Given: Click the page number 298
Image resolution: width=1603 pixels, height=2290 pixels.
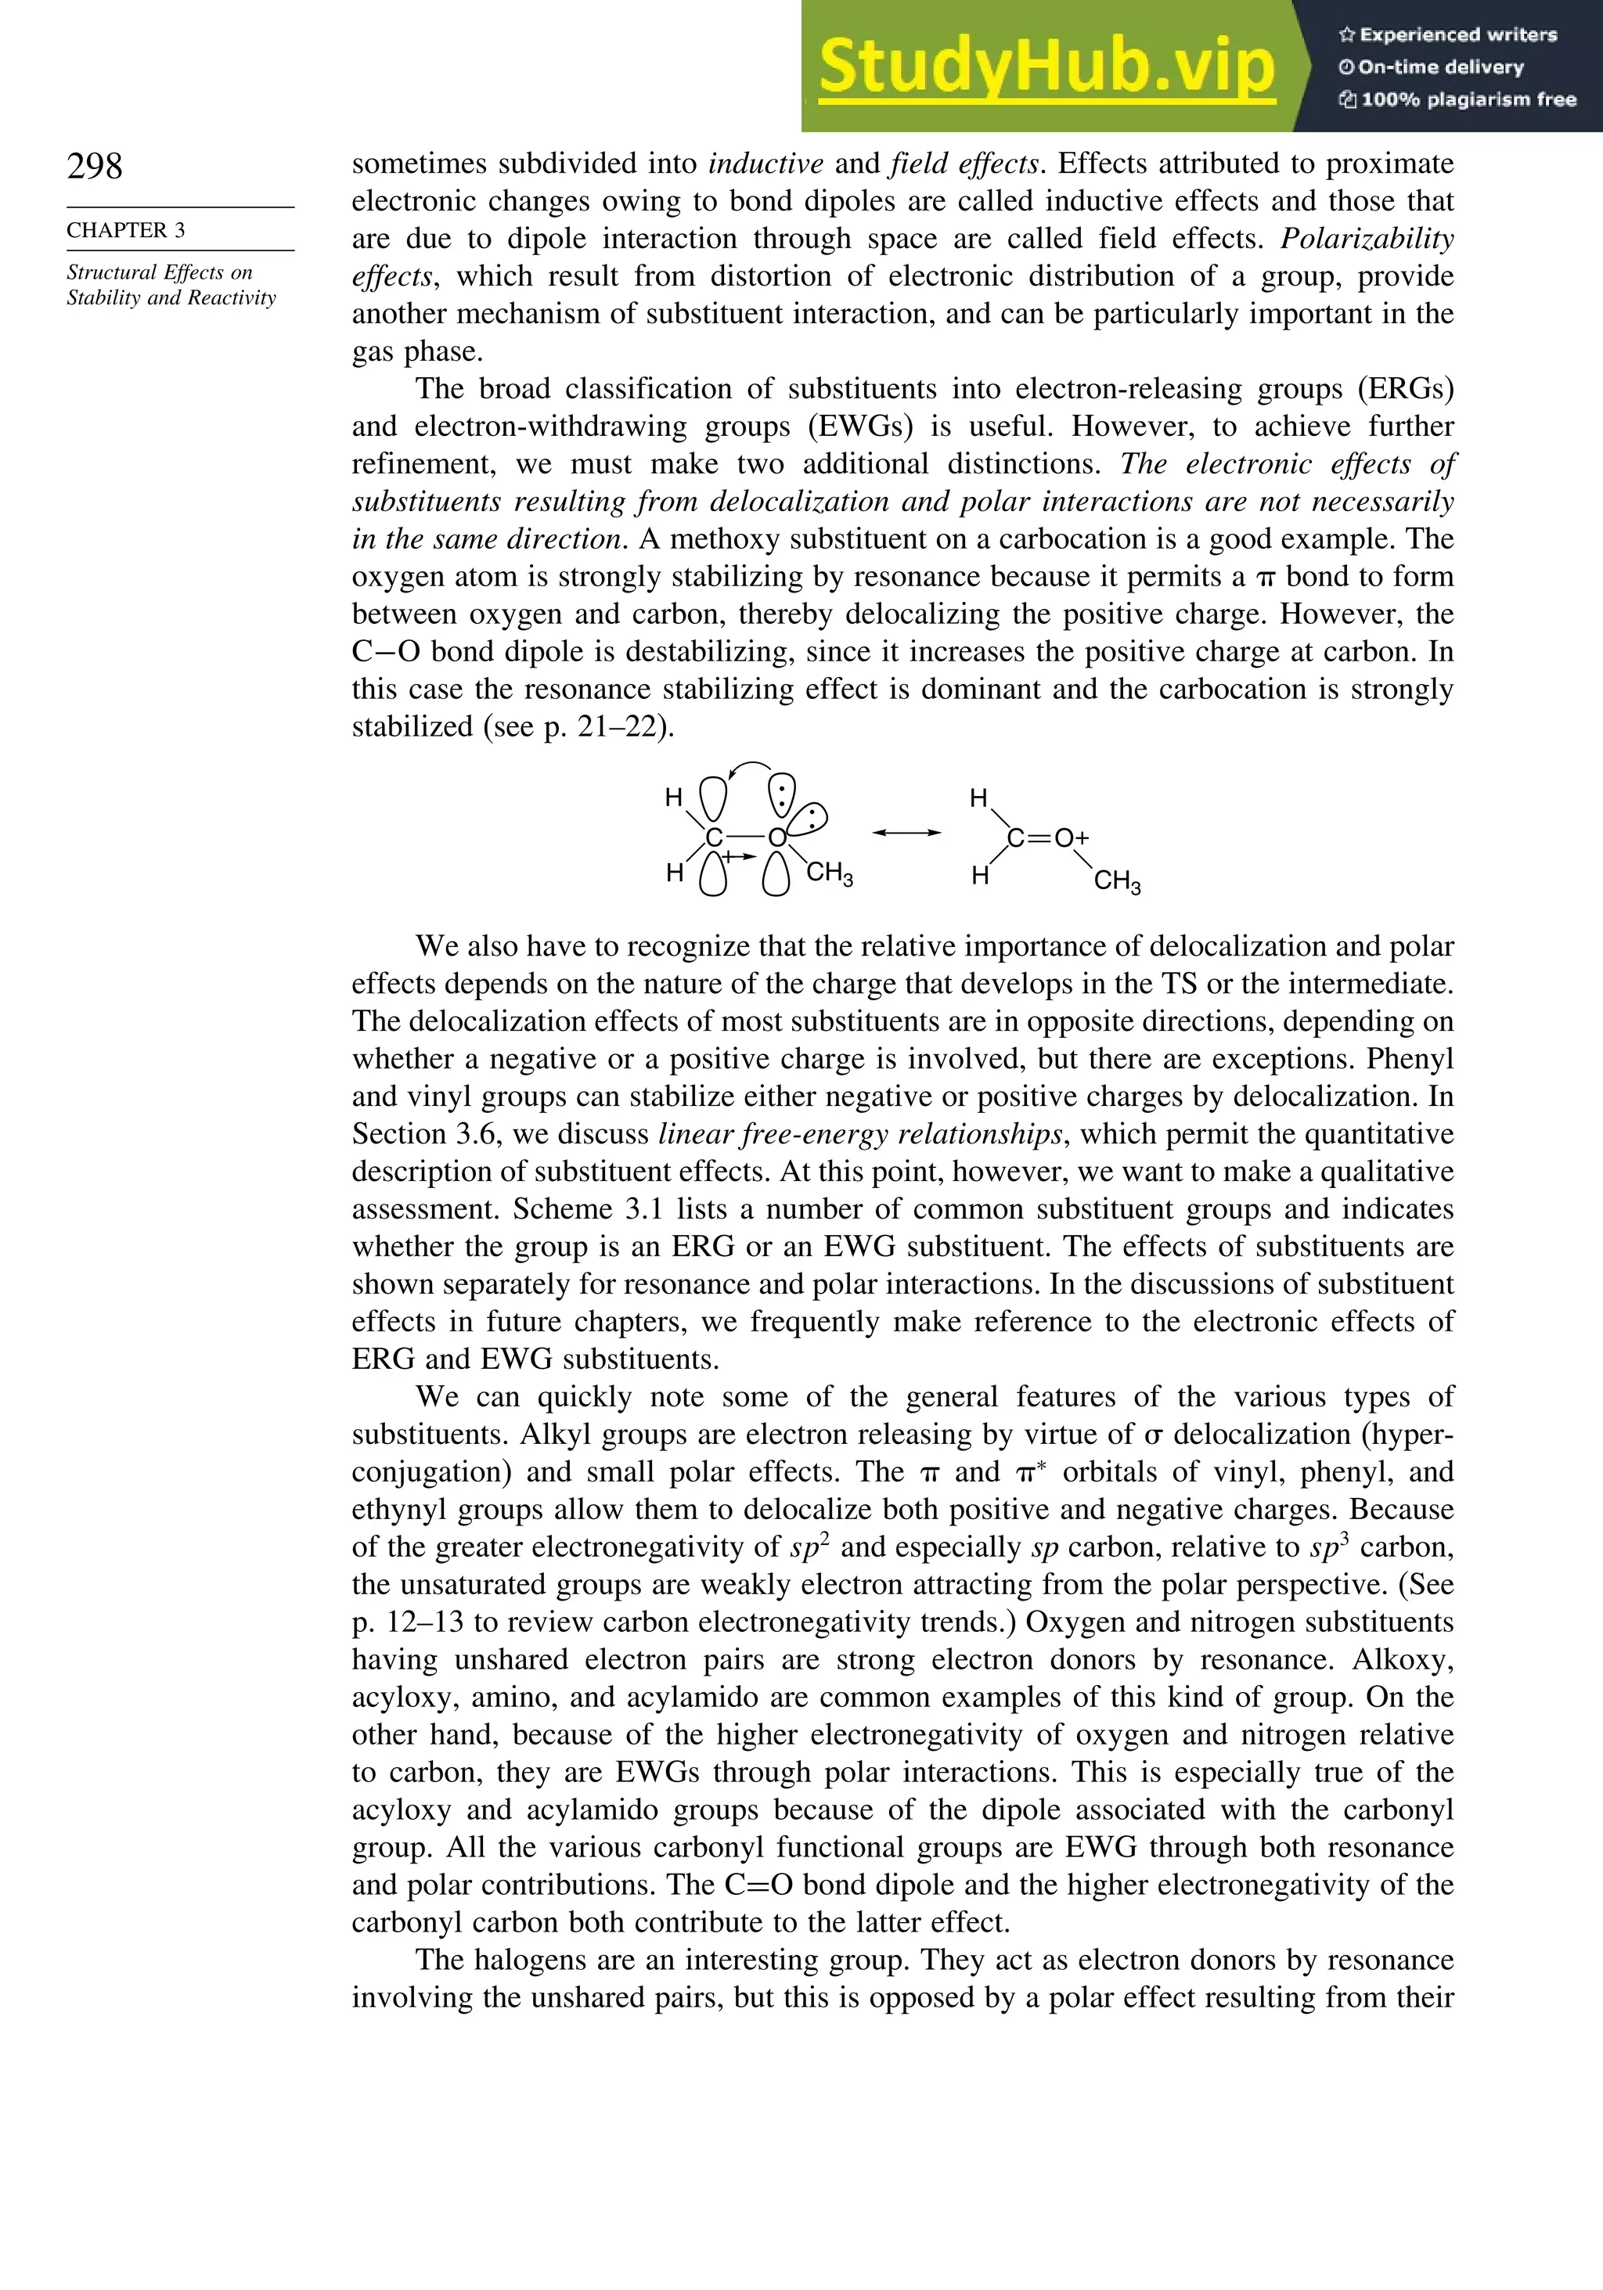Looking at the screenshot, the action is coord(95,167).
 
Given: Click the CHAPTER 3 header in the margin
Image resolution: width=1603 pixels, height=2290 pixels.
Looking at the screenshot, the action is coord(126,230).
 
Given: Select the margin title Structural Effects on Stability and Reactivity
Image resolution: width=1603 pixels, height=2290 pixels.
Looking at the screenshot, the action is coord(171,285).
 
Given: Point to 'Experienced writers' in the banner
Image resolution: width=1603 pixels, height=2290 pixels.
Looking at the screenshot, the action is coord(1448,35).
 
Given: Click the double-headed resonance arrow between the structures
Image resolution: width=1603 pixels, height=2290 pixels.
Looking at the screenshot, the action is coord(906,832).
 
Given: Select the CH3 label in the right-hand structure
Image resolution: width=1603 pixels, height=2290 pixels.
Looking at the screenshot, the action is coord(1116,882).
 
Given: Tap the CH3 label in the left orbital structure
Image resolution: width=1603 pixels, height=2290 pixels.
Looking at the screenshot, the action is coord(829,875).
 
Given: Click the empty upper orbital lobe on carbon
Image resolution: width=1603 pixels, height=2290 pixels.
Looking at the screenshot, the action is coord(713,799).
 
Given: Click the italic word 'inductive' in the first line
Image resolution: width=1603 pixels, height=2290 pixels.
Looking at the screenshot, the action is coord(766,164).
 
